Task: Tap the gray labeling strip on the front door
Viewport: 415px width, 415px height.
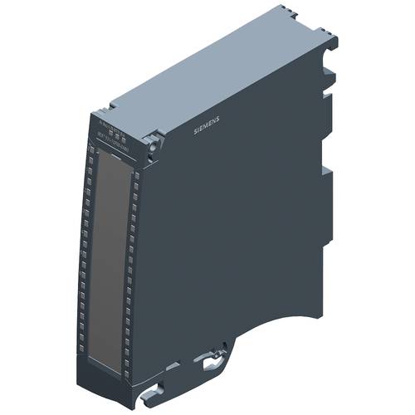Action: pyautogui.click(x=114, y=249)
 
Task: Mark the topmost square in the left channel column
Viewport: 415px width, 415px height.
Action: pyautogui.click(x=87, y=149)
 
